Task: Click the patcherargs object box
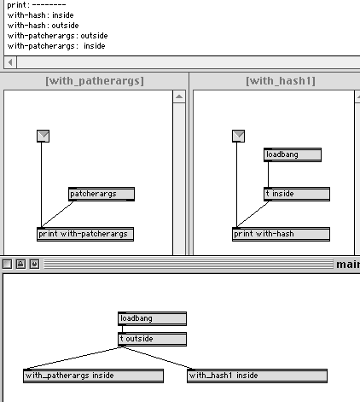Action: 102,194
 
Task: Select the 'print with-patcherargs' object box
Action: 85,234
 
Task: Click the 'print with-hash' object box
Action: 281,234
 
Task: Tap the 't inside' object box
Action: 297,194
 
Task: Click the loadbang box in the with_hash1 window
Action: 293,154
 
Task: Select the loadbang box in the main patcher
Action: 152,318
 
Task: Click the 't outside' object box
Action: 152,339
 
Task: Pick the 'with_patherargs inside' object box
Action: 93,376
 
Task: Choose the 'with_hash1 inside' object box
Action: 257,376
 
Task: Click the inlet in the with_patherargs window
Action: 43,136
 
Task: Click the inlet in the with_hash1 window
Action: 238,136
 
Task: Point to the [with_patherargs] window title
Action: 95,81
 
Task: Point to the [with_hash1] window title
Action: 281,81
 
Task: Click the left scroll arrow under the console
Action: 10,62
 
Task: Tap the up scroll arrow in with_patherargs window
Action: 179,96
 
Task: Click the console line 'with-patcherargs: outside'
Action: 58,36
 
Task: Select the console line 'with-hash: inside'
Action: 41,15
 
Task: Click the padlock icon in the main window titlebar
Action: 20,265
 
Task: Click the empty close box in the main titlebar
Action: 7,265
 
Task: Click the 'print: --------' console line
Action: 37,5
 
